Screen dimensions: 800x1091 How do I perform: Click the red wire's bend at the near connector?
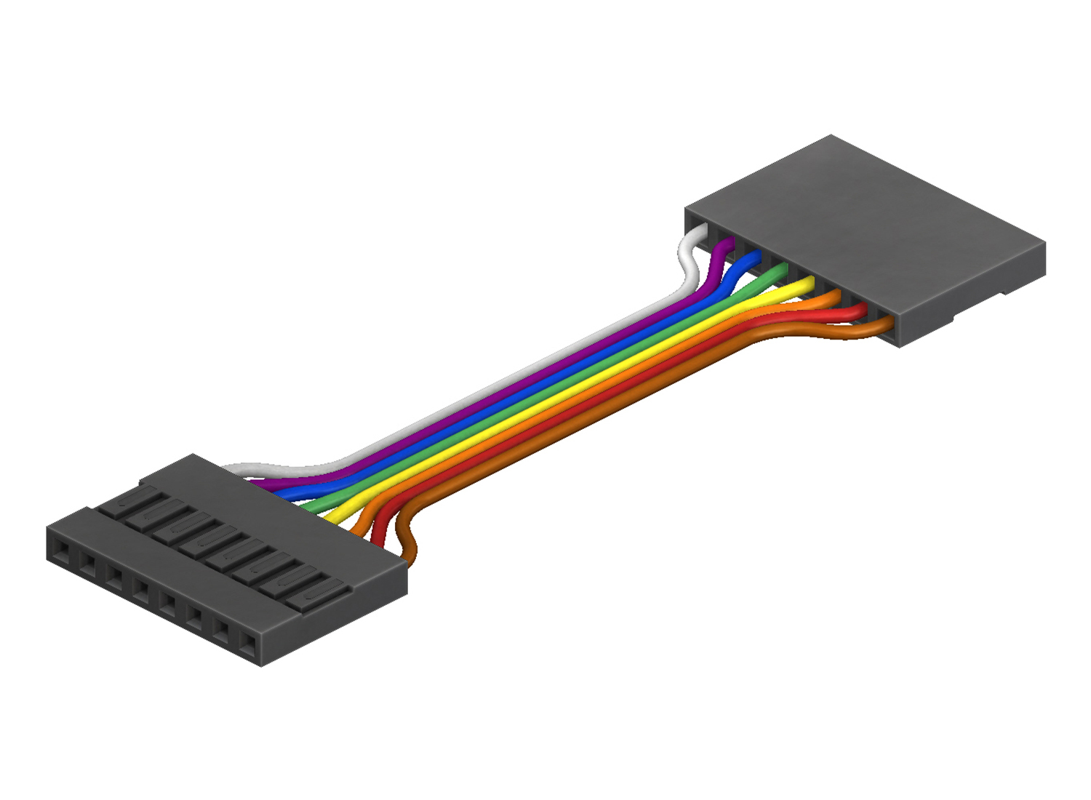click(x=380, y=527)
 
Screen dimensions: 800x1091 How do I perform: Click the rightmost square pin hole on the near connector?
click(x=248, y=643)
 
